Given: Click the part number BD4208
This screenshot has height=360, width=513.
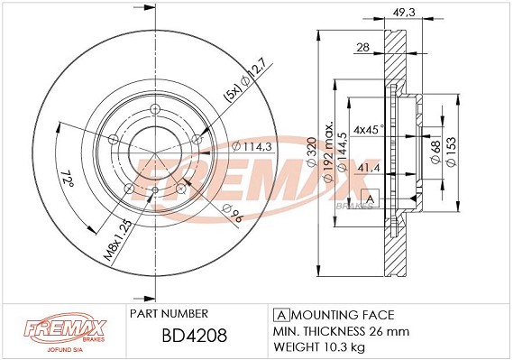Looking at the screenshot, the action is (x=195, y=336).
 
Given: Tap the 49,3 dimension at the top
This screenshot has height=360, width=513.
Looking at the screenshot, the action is (x=403, y=13).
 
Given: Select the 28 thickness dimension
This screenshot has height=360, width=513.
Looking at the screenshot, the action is (x=362, y=48).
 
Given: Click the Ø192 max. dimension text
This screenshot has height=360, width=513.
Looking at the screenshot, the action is (x=328, y=152).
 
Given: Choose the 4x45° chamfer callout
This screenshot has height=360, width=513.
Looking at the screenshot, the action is (x=368, y=130).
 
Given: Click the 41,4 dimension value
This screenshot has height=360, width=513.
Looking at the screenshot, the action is (x=369, y=168).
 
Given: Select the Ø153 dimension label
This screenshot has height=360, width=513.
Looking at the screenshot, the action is (x=451, y=152).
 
